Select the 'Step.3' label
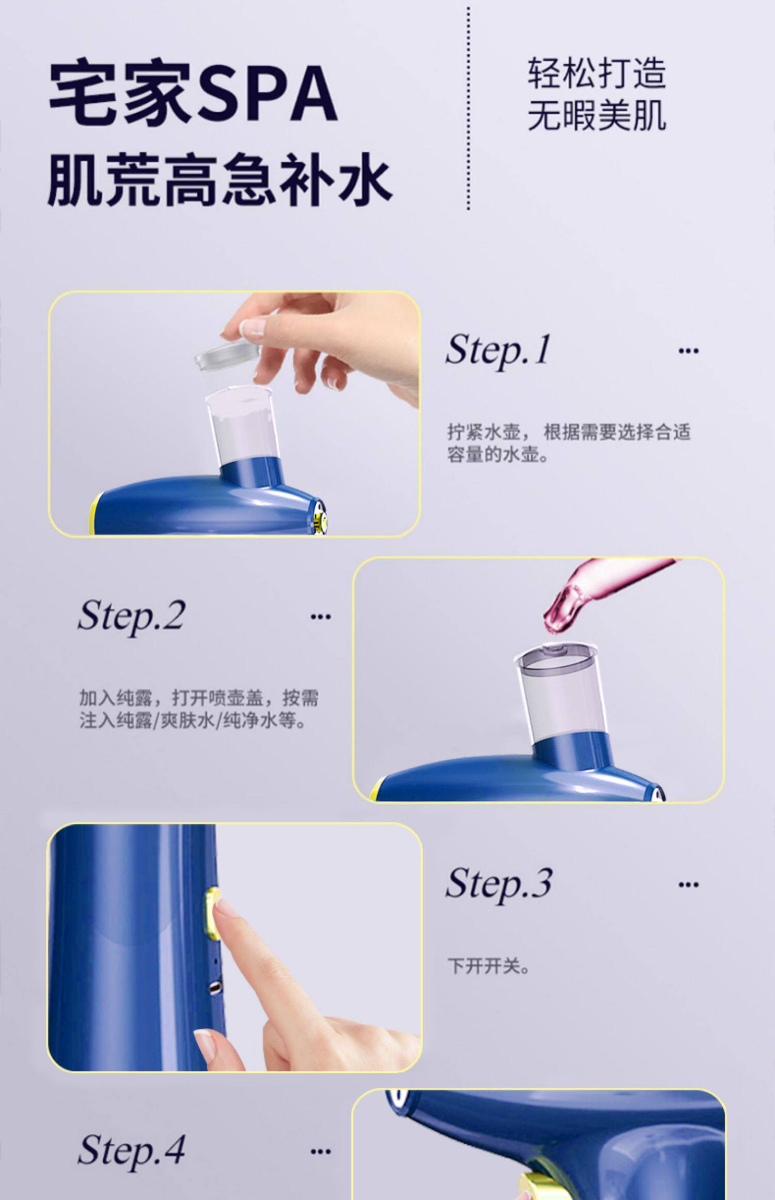[x=499, y=884]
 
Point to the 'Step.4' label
[x=131, y=1150]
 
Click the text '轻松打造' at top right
[x=596, y=74]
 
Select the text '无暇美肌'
[x=596, y=115]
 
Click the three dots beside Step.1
[x=688, y=351]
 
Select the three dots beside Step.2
[x=320, y=617]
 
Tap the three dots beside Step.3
[x=688, y=884]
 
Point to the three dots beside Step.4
[x=320, y=1150]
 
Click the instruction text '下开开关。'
[x=488, y=965]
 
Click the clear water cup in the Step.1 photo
[x=242, y=423]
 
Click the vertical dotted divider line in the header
[x=469, y=109]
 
